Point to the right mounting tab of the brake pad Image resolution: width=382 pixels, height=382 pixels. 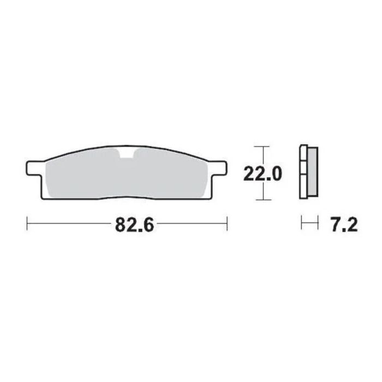click(x=218, y=165)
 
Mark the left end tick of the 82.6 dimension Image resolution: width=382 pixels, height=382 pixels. click(x=27, y=223)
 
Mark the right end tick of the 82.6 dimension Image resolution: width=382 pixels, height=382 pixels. click(x=226, y=223)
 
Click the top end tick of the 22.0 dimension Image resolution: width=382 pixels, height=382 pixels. click(x=263, y=147)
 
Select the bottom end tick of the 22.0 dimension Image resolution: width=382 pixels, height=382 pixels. click(x=263, y=199)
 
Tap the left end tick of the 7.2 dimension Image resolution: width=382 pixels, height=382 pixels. click(x=302, y=223)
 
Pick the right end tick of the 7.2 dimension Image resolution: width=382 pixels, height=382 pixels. click(x=317, y=223)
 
